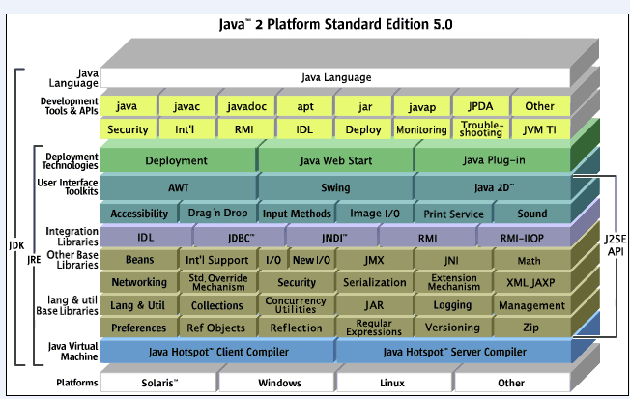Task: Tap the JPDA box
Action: (478, 105)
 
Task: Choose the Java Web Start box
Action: (334, 160)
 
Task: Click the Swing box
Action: (334, 187)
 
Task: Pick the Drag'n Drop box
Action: (218, 214)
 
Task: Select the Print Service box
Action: (452, 214)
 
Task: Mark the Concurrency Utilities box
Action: (296, 306)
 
